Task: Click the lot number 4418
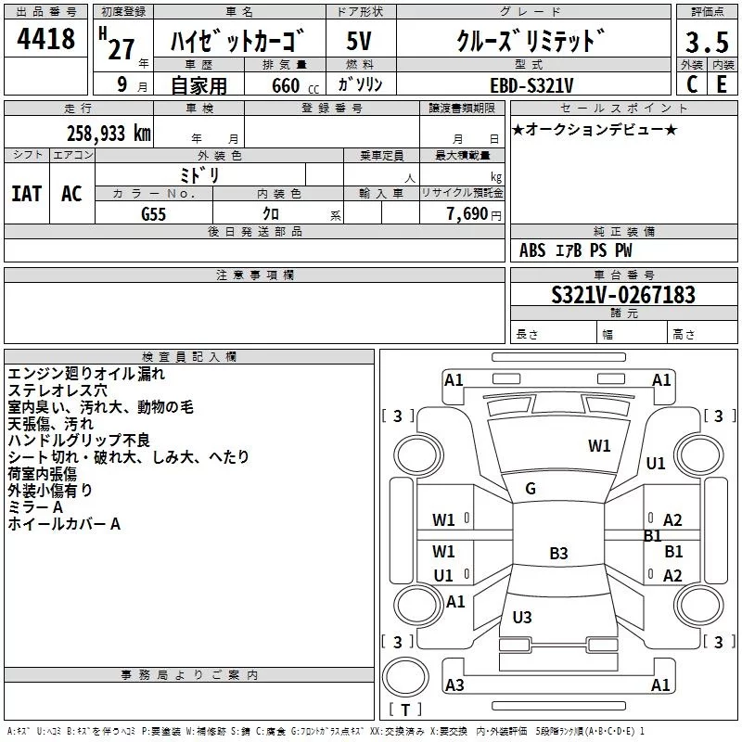click(x=45, y=39)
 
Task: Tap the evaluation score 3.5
click(x=707, y=43)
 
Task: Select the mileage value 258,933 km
click(x=109, y=134)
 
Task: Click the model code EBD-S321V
click(x=531, y=85)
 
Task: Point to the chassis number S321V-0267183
click(x=623, y=295)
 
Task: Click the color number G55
click(x=153, y=214)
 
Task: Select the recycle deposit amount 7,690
click(x=467, y=213)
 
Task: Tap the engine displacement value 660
click(x=286, y=85)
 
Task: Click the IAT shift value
click(x=27, y=194)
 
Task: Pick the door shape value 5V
click(x=359, y=41)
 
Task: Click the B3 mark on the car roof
click(x=558, y=553)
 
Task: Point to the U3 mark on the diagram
click(x=522, y=617)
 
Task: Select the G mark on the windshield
click(x=531, y=489)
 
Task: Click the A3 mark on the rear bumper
click(x=454, y=684)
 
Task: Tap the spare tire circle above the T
click(x=405, y=677)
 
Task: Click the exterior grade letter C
click(x=692, y=84)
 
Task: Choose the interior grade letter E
click(x=722, y=84)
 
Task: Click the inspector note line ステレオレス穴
click(x=58, y=390)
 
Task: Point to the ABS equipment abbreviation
click(x=532, y=250)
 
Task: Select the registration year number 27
click(x=122, y=49)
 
